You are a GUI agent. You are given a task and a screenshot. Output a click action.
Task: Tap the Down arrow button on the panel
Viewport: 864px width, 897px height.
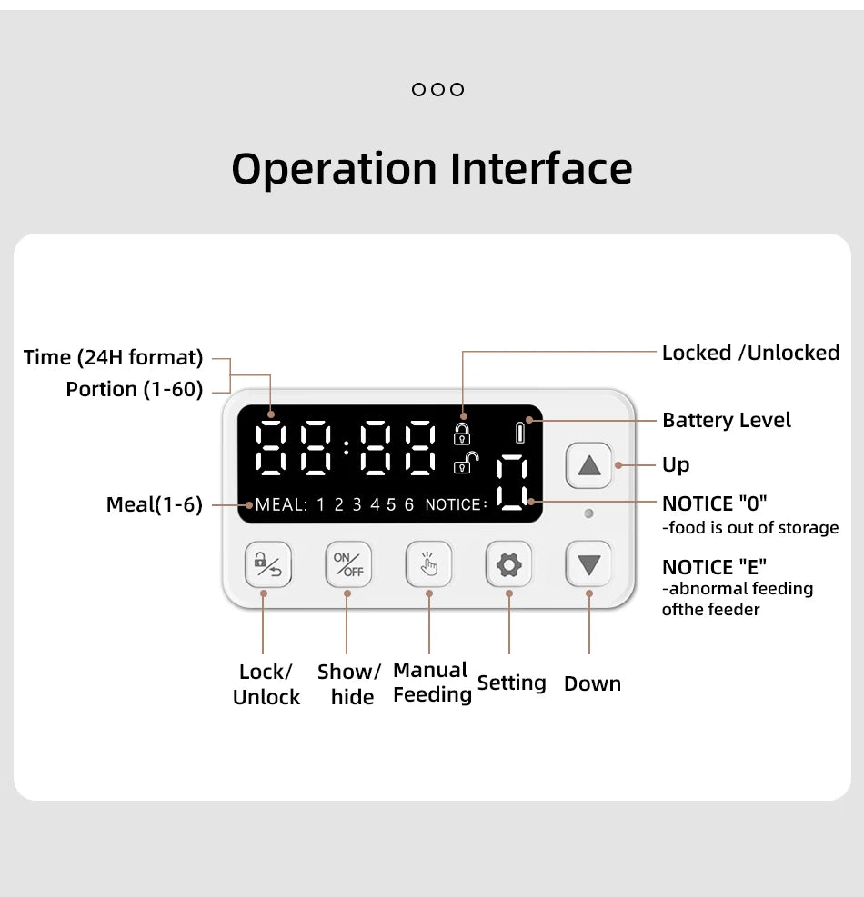(x=588, y=565)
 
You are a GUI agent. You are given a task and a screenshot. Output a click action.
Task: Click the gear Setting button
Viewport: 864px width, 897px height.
(x=508, y=565)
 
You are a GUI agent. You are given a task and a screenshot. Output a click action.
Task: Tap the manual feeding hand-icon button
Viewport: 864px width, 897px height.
(x=428, y=565)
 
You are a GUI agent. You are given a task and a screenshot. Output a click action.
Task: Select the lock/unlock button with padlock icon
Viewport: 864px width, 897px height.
(x=267, y=565)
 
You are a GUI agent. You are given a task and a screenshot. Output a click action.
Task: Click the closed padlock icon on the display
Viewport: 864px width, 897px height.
(x=462, y=434)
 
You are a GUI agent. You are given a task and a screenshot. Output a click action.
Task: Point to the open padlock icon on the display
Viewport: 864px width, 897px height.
(x=464, y=463)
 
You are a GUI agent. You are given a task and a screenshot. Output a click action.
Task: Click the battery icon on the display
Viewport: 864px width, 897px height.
(x=520, y=433)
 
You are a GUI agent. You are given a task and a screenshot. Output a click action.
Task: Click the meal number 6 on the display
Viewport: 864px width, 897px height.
(x=409, y=505)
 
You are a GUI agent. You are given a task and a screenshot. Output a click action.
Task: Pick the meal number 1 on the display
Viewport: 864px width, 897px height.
(x=321, y=505)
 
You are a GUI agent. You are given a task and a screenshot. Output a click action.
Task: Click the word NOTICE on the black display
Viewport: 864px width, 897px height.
(x=453, y=505)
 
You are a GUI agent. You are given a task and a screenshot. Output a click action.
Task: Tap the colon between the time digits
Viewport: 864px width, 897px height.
(x=347, y=448)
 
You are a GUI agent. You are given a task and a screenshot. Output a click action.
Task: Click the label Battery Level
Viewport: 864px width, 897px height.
(x=726, y=420)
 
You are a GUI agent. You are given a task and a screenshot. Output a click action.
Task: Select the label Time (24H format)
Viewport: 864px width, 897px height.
(x=113, y=357)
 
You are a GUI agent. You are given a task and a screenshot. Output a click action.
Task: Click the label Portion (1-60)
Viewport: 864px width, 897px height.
(x=135, y=389)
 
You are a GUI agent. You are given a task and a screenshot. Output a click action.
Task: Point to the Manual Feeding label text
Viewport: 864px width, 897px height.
(x=432, y=683)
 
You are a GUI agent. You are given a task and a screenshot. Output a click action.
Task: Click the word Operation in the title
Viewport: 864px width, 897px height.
(x=334, y=169)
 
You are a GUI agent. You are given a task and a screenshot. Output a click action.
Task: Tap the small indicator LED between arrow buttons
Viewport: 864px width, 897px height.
(x=588, y=513)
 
